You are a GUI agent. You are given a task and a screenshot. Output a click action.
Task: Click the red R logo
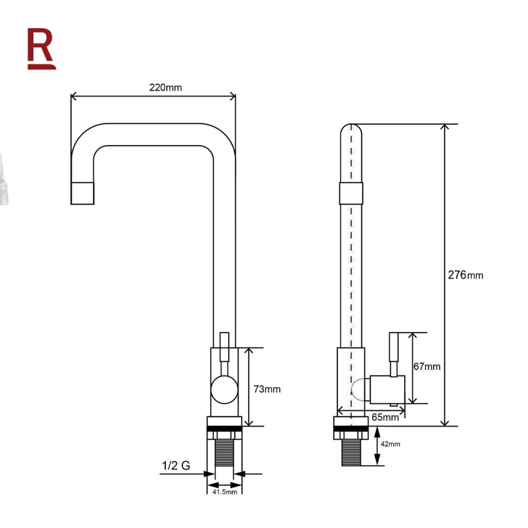coord(41,49)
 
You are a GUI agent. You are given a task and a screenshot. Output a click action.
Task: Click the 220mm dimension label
coord(165,88)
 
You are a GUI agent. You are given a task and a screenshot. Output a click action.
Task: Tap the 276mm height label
coord(465,275)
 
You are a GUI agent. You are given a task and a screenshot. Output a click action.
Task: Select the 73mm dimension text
coord(267,389)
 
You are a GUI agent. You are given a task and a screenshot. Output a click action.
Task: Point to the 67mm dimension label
coord(427,366)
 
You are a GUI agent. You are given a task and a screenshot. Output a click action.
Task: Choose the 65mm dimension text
coord(385,417)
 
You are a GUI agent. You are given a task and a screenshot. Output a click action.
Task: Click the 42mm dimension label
coord(390,444)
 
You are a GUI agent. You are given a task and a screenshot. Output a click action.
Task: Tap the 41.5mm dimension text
coord(224,492)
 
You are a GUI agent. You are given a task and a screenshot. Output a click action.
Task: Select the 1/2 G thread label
coord(176,466)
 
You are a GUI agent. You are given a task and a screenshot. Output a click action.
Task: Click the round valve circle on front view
coord(224,390)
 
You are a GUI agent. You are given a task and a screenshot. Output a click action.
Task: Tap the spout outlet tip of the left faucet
coord(82,193)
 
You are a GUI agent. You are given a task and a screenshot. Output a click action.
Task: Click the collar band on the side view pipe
coord(351,193)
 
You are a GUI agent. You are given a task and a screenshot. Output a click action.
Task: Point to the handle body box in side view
coord(387,390)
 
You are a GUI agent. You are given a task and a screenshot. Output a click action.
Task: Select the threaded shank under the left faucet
coord(224,453)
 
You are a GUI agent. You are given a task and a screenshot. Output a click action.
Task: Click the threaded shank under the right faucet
coord(351,453)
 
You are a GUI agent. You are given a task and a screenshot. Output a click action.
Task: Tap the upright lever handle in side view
coord(394,354)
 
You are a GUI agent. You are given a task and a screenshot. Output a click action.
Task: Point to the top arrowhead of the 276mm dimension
coord(445,127)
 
